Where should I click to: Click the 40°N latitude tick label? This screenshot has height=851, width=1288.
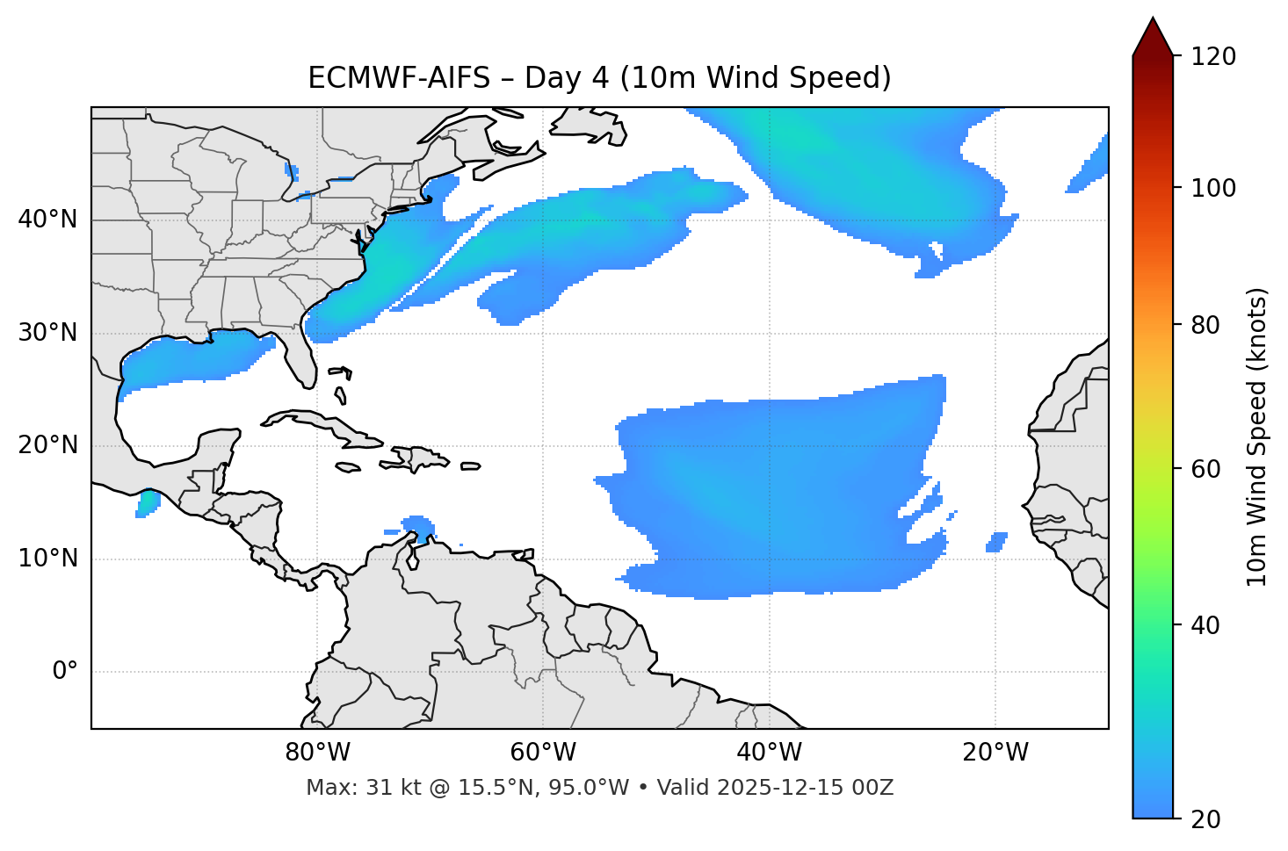click(x=47, y=220)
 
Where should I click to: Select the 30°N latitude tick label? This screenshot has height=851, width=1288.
click(x=47, y=333)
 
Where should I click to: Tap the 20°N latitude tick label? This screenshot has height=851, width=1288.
click(x=47, y=445)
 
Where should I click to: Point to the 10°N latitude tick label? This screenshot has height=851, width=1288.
click(x=47, y=559)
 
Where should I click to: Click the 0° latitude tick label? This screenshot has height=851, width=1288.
click(x=65, y=672)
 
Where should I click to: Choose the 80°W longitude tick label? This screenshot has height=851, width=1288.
click(x=317, y=753)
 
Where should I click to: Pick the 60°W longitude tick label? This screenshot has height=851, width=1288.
click(x=543, y=753)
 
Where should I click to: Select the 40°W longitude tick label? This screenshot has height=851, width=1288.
click(x=769, y=753)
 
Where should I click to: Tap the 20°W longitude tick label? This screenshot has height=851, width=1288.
click(x=995, y=753)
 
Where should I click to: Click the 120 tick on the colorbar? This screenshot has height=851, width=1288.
click(x=1213, y=57)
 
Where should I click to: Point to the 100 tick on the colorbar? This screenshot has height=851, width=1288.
click(x=1213, y=188)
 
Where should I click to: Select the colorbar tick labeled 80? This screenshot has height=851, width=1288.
click(x=1206, y=325)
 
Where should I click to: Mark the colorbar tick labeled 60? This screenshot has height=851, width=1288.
click(x=1206, y=469)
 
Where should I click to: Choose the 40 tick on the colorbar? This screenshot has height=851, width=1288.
click(x=1206, y=625)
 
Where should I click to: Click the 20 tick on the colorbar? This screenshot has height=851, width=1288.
click(x=1206, y=819)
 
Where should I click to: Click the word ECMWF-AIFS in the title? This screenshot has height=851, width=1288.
click(x=399, y=78)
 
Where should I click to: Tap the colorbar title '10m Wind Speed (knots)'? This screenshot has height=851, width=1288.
click(x=1257, y=436)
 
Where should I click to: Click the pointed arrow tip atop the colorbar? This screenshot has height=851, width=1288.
click(x=1153, y=19)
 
